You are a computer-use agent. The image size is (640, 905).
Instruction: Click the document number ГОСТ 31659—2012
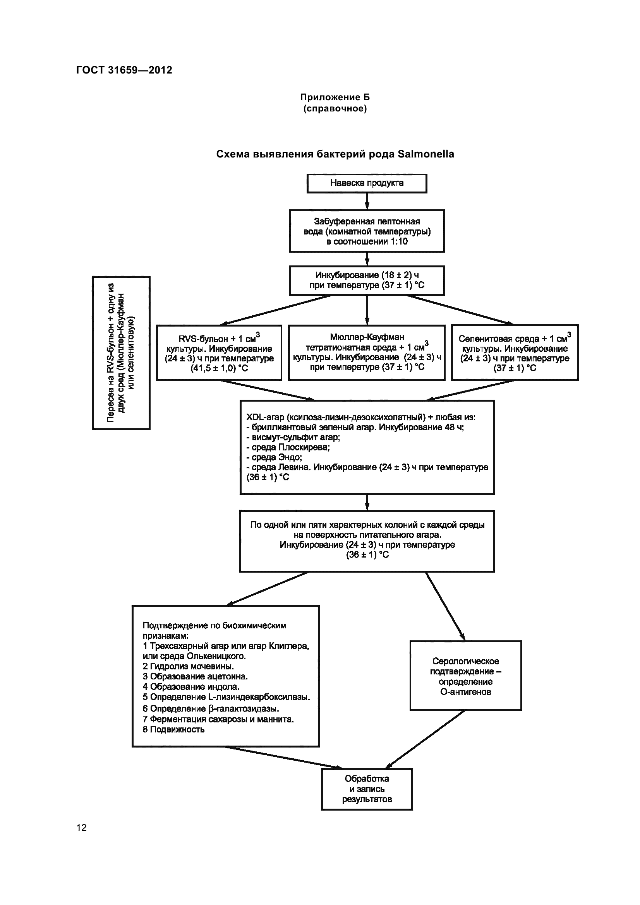124,70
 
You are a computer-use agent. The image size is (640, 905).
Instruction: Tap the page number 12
82,827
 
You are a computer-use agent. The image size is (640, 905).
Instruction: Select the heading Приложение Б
335,98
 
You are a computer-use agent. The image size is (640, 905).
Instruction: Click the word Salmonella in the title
426,154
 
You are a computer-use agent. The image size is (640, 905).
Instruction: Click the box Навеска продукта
367,183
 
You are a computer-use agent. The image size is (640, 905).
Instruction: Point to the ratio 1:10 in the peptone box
399,241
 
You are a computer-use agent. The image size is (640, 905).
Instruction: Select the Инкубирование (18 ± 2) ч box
367,281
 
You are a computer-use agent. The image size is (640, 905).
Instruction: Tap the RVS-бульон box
219,353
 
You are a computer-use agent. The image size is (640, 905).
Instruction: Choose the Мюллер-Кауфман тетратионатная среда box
367,352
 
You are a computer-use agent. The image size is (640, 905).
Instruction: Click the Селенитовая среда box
515,353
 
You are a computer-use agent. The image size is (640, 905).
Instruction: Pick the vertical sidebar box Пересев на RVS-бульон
121,353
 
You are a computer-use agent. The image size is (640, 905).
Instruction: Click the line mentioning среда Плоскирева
288,447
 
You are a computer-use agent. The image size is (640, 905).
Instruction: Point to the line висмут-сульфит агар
293,438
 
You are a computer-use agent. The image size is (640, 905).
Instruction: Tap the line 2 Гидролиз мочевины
189,666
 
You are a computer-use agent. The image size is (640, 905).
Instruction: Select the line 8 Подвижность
173,729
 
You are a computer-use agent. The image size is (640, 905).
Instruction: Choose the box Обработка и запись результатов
367,789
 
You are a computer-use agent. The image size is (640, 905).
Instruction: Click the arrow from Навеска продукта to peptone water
367,202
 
